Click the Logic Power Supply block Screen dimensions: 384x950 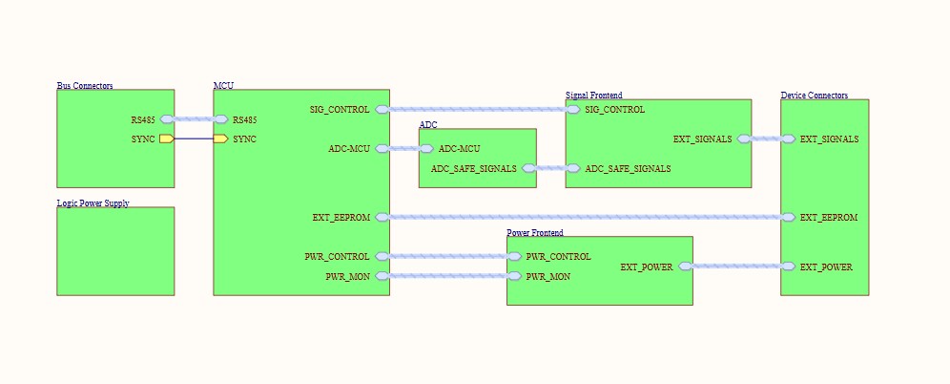coord(115,251)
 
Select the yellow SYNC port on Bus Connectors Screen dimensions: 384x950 coord(167,139)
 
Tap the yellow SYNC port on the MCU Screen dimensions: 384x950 coord(220,139)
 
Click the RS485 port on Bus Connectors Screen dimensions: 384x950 coord(167,119)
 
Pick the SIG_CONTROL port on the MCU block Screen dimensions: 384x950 coord(382,110)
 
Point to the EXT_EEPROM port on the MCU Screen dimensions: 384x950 coord(382,218)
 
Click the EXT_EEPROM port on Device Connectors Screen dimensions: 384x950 coord(788,218)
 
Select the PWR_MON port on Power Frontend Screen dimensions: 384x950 coord(515,276)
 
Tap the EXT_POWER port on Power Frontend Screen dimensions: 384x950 coord(685,267)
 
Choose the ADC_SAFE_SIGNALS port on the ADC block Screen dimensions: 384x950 coord(528,168)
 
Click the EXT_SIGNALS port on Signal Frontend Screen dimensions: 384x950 coord(744,139)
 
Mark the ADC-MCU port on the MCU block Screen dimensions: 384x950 coord(382,149)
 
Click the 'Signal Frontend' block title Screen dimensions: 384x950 coord(593,96)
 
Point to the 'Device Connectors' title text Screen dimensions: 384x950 coord(814,96)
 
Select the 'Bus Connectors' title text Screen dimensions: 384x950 coord(85,86)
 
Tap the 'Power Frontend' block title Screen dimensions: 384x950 coord(534,232)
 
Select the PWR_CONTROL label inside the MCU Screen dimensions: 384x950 coord(337,257)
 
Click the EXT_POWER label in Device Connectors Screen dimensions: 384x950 coord(826,267)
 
